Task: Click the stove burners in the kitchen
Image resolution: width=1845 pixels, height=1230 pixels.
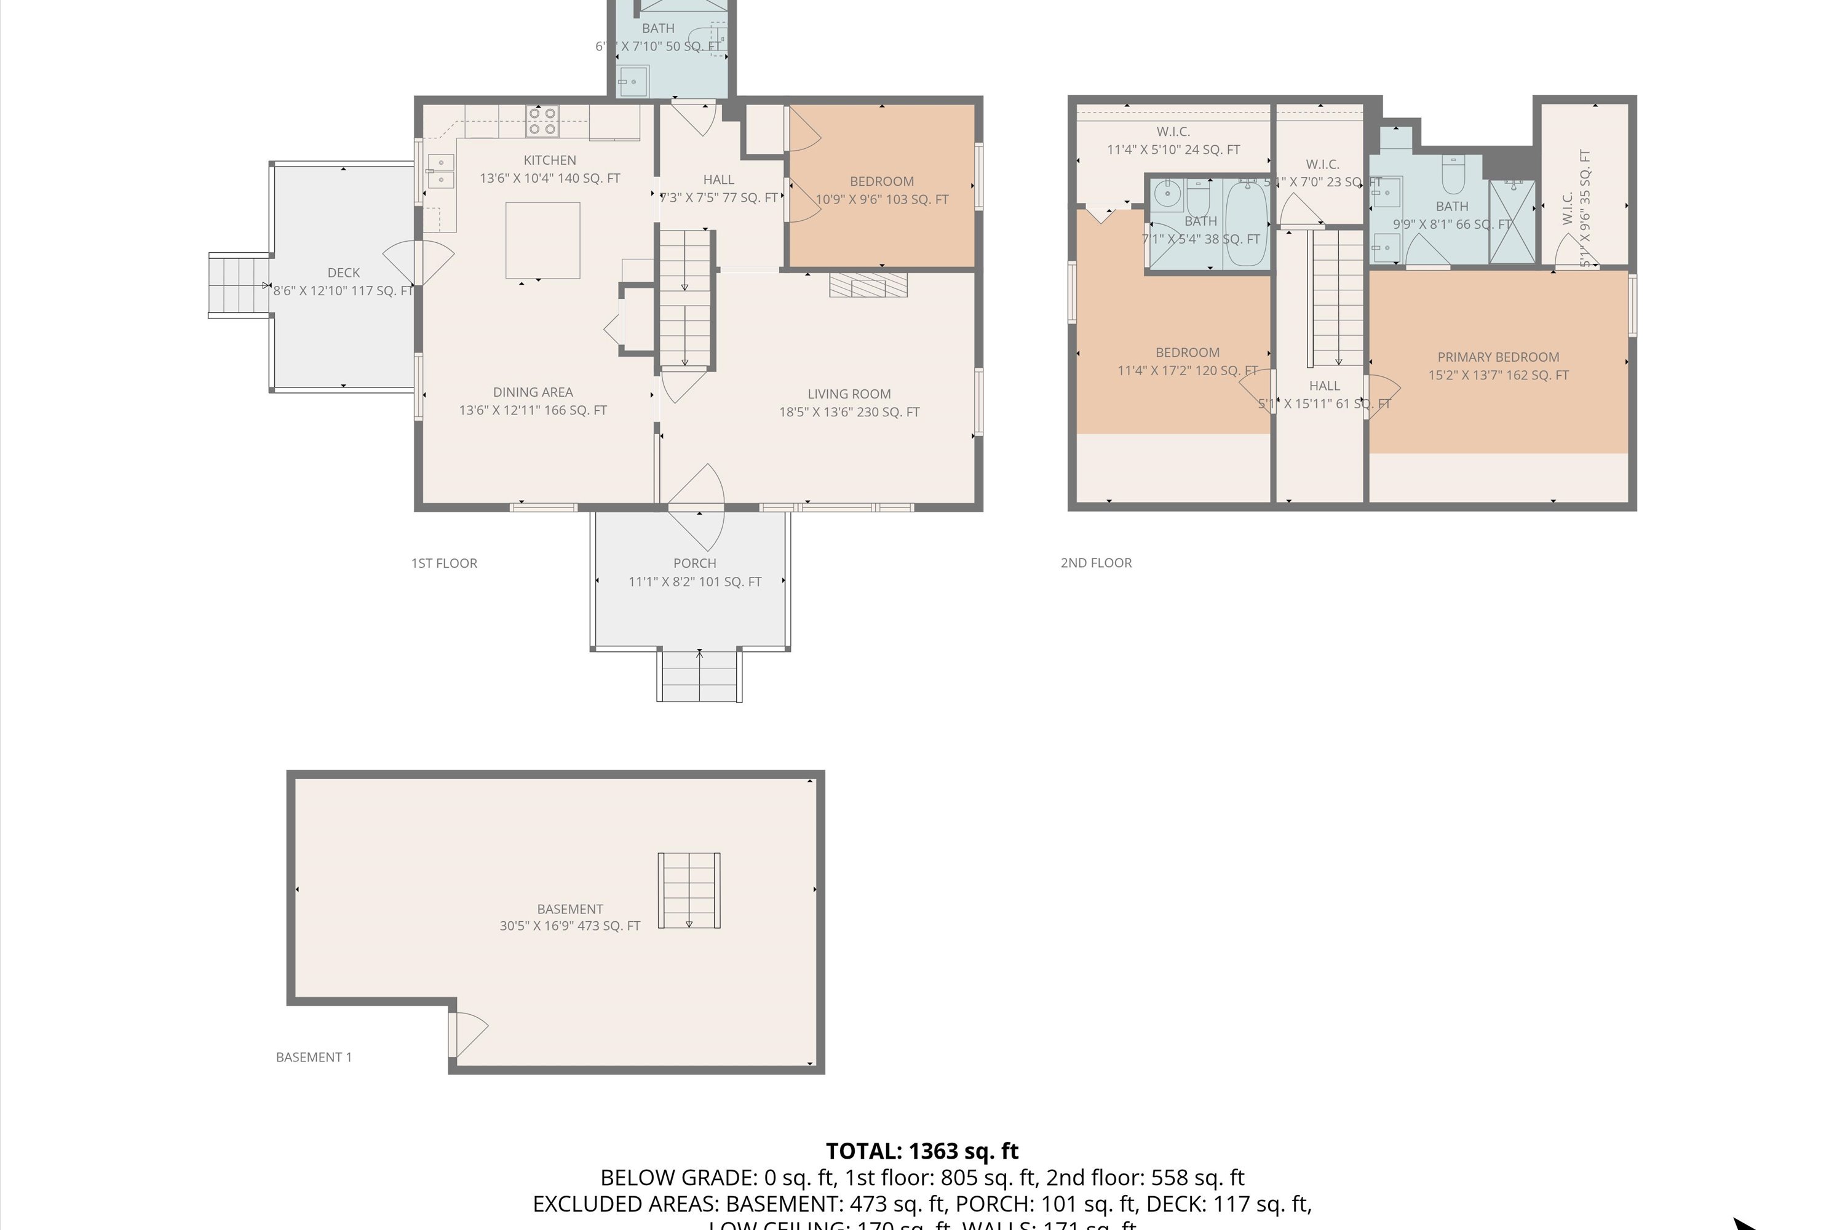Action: [542, 122]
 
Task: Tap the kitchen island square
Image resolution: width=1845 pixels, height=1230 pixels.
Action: [543, 240]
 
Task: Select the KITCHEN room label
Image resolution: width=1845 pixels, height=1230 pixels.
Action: [549, 160]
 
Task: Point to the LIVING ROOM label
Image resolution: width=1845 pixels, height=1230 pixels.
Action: [849, 394]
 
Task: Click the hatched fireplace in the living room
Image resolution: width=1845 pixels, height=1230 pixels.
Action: [868, 285]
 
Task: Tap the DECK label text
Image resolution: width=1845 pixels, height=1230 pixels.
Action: [344, 273]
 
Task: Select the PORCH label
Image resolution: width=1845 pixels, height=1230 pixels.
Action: [694, 563]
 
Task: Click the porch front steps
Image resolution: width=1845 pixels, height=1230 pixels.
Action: [699, 675]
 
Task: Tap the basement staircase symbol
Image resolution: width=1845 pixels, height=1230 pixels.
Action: [689, 891]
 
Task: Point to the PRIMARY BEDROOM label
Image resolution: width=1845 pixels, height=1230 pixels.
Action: [1498, 357]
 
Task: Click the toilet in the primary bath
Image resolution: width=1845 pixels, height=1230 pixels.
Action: [1454, 176]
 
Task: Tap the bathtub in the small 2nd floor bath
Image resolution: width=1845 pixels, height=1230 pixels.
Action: [1246, 224]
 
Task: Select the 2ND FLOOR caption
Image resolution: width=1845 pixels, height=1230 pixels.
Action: [1096, 563]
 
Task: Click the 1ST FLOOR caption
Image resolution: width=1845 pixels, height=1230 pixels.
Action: [444, 563]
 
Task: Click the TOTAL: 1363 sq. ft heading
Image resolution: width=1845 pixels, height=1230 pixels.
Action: [922, 1151]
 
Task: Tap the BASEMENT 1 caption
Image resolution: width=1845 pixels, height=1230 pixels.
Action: [314, 1057]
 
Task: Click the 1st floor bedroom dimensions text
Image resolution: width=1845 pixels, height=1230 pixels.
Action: [882, 199]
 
